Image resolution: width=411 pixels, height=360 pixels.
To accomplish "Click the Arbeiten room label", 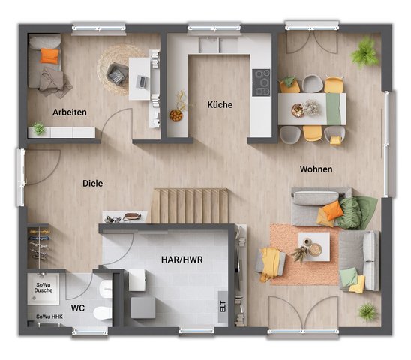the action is click(70, 112).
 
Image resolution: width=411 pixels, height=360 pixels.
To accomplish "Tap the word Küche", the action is click(220, 104).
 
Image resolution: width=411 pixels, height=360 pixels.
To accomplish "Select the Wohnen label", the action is click(316, 169).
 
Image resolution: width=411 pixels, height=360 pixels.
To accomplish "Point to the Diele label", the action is click(92, 183).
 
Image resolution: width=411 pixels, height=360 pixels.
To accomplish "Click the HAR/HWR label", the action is click(182, 259).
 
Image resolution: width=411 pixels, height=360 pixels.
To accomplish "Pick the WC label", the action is click(77, 307).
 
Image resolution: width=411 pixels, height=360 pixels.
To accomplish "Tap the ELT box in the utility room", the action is click(223, 307).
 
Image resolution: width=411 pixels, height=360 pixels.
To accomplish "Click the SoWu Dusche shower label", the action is click(43, 287).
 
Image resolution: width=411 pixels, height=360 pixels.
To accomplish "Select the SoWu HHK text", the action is click(49, 316).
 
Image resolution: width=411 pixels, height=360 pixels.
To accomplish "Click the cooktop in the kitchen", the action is click(261, 82).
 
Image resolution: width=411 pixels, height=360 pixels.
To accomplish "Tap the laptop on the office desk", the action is click(142, 82).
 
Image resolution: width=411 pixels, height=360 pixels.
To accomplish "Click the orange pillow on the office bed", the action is click(49, 56).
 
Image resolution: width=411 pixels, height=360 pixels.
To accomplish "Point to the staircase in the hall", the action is click(190, 205).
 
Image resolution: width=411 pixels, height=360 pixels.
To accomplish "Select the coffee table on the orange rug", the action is click(314, 247).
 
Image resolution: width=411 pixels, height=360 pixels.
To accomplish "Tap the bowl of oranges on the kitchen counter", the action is click(175, 115).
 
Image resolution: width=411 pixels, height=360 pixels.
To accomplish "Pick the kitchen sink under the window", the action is click(218, 45).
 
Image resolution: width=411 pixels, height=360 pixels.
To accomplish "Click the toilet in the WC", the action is click(103, 313).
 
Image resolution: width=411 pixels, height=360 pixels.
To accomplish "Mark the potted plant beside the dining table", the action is click(364, 53).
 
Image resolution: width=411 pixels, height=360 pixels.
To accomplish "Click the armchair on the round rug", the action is click(117, 74).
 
